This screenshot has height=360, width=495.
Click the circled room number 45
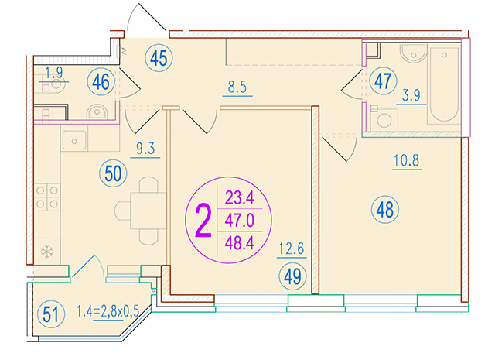tap(159, 58)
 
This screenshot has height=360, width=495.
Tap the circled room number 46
tap(101, 81)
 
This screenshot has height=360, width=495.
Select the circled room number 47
tap(383, 81)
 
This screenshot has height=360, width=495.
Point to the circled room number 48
tap(385, 209)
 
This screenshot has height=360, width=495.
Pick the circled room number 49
tap(292, 276)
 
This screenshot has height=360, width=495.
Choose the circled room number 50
tap(113, 173)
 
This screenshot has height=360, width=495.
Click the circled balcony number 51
tap(51, 314)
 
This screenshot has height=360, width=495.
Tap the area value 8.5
tap(237, 87)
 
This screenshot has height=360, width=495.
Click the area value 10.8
tap(407, 160)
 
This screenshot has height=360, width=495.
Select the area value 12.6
tap(292, 249)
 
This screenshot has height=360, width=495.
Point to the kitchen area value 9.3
tap(145, 148)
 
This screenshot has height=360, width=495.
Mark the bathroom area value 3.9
tap(411, 95)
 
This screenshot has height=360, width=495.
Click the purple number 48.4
tap(240, 243)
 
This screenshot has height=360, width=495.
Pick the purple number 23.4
tap(240, 198)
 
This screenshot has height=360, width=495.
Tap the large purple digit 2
tap(203, 221)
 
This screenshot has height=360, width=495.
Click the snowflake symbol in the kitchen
tap(47, 252)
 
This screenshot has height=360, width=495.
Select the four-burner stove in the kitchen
tap(47, 197)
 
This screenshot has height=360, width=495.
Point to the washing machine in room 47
tap(384, 119)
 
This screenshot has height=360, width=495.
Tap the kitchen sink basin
tap(74, 141)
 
